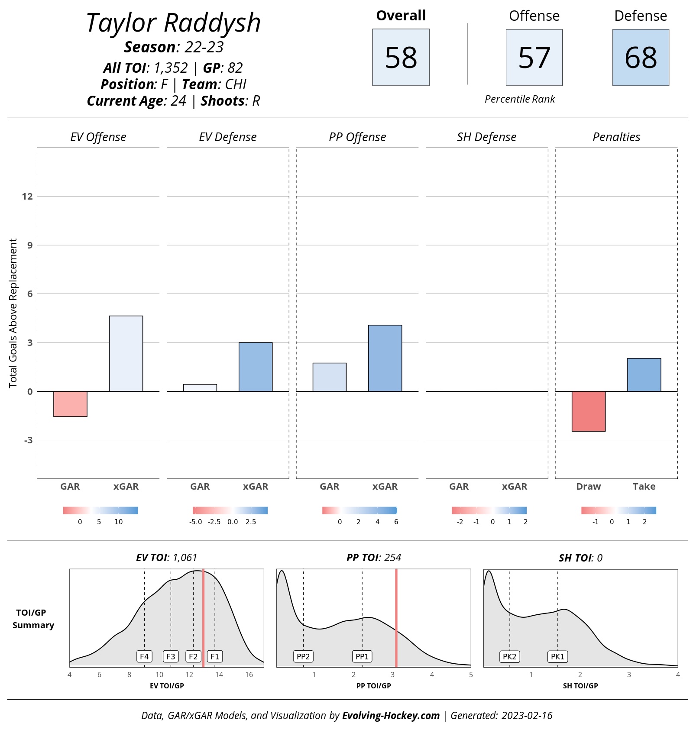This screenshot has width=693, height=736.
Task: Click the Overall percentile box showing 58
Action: tap(401, 57)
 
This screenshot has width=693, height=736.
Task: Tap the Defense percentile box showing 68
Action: tap(641, 57)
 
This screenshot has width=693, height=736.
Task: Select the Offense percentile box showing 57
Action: tap(534, 57)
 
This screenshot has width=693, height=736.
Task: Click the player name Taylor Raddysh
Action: tap(173, 23)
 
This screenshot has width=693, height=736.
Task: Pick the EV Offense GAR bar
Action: tap(70, 404)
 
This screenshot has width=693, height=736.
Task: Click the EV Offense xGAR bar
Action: tap(126, 354)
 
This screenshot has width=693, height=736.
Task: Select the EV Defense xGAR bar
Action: tap(256, 367)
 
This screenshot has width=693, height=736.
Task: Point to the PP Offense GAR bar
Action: tap(330, 377)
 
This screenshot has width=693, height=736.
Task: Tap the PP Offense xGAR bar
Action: tap(385, 358)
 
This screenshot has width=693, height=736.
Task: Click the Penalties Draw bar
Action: tap(589, 411)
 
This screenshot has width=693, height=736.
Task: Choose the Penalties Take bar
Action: tap(644, 375)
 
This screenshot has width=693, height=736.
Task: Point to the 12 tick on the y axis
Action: tap(27, 197)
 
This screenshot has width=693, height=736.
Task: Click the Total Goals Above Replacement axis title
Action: tap(13, 313)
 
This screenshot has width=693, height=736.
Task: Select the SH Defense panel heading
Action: tap(486, 137)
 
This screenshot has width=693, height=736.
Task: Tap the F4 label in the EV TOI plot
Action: tap(144, 656)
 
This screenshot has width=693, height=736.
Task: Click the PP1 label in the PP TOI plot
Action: tap(362, 656)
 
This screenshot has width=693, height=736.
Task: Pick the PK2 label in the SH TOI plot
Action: tap(509, 656)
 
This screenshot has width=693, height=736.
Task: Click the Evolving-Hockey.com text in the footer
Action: tap(391, 716)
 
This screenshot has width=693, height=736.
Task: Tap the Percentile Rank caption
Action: tap(520, 99)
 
